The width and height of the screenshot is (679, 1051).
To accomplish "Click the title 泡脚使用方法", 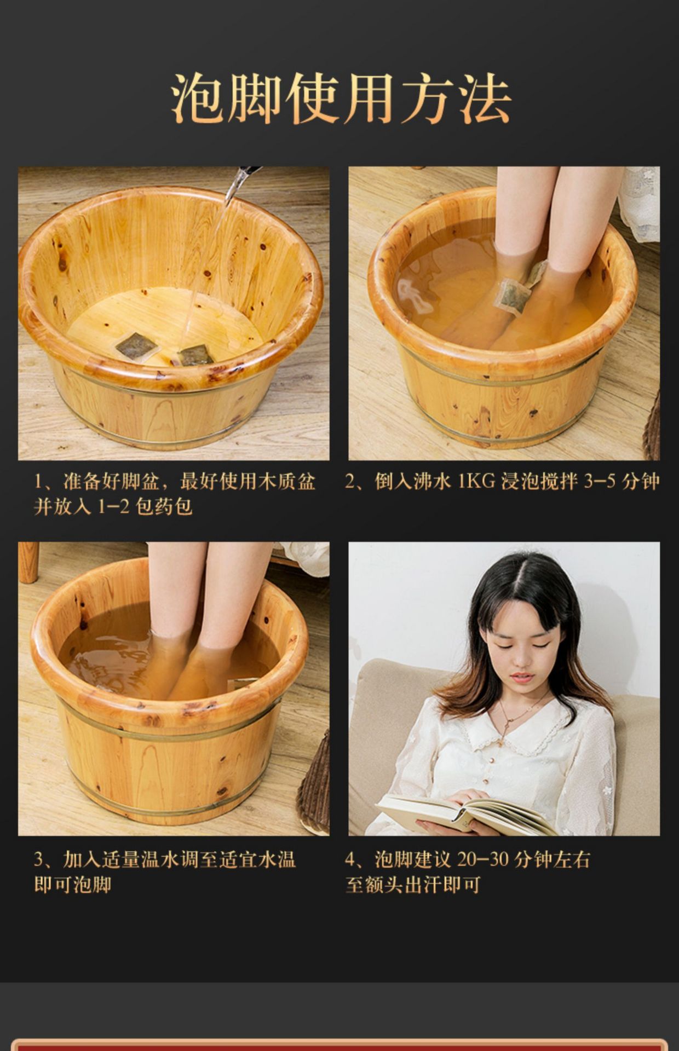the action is click(x=341, y=99).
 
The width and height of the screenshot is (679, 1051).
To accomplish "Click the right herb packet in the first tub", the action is click(x=195, y=355).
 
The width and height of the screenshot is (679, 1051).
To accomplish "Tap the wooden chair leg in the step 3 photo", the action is click(x=28, y=562).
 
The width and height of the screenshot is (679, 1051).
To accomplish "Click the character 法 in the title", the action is click(x=485, y=99).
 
